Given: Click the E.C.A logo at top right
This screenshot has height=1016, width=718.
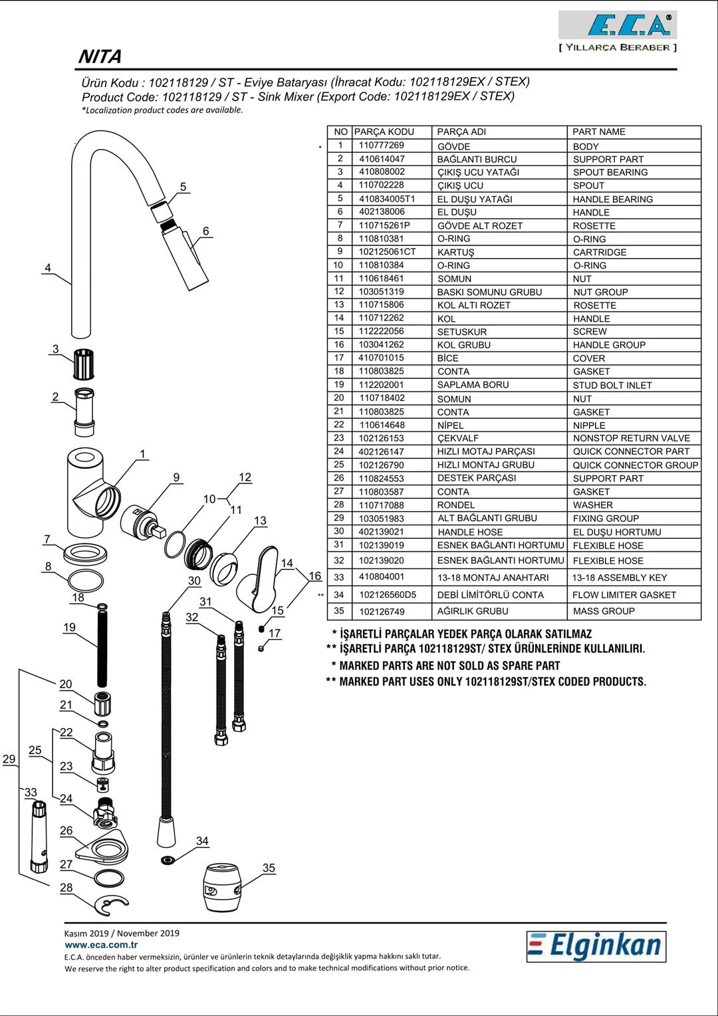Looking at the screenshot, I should point(618,27).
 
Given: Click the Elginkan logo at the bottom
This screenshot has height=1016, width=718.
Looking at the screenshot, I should point(596,946).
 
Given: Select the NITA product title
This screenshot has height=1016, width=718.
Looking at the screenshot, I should point(100,57).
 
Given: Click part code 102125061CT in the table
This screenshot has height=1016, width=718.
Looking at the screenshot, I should point(387,252).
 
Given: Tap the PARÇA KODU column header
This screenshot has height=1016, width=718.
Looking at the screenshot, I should point(384,132).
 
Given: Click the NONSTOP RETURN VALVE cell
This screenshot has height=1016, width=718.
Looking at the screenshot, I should point(632,438).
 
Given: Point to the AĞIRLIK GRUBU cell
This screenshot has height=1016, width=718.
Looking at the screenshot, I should point(473,611).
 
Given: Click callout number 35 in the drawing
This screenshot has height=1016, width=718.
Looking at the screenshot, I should point(269,868).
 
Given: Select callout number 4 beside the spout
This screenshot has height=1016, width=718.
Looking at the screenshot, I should point(48,268).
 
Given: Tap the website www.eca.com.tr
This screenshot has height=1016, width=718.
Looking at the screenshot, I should point(101,944).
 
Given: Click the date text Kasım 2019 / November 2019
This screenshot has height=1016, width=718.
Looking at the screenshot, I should point(122,933).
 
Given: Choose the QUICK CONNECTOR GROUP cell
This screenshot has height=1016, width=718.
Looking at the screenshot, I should point(635,465).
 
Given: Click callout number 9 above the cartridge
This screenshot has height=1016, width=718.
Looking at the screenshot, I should point(176,477).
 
